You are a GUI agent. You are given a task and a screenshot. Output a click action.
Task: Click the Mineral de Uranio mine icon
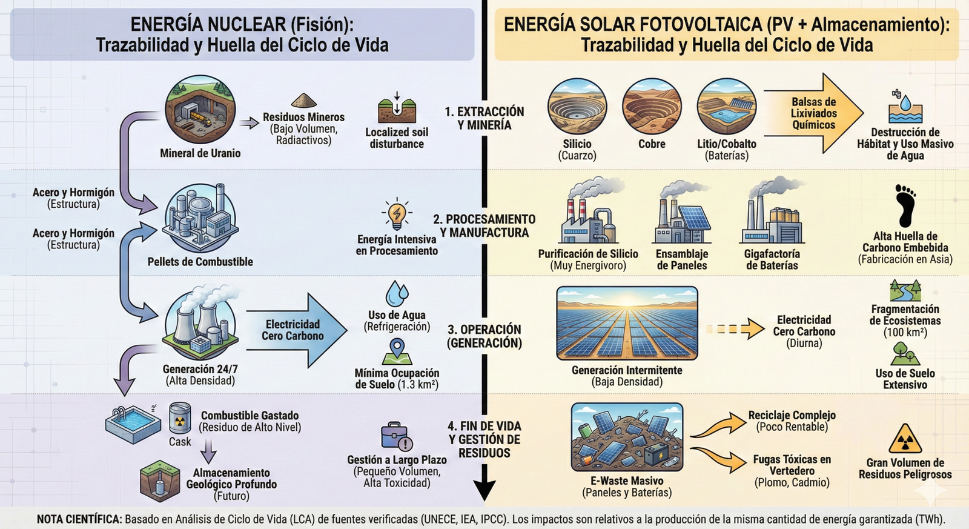(200, 110)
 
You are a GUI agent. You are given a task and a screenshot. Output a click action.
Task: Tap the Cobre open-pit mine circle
(652, 107)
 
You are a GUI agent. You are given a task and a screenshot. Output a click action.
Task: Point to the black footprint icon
(905, 205)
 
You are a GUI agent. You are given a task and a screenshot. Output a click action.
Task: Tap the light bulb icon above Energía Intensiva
(397, 214)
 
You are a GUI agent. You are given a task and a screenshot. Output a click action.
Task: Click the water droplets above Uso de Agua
(397, 294)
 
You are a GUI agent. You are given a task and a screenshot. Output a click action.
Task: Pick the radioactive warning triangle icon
(905, 439)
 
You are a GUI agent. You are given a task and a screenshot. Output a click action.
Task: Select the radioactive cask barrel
(180, 418)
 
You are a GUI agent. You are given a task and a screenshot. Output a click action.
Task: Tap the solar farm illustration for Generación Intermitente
(627, 324)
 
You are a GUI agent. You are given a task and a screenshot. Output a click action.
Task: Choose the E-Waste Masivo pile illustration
(627, 438)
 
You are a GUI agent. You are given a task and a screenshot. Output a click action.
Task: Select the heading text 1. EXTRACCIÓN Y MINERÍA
(484, 118)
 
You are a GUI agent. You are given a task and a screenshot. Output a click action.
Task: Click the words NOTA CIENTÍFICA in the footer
(79, 519)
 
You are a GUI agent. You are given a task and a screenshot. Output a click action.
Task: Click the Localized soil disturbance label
(397, 138)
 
